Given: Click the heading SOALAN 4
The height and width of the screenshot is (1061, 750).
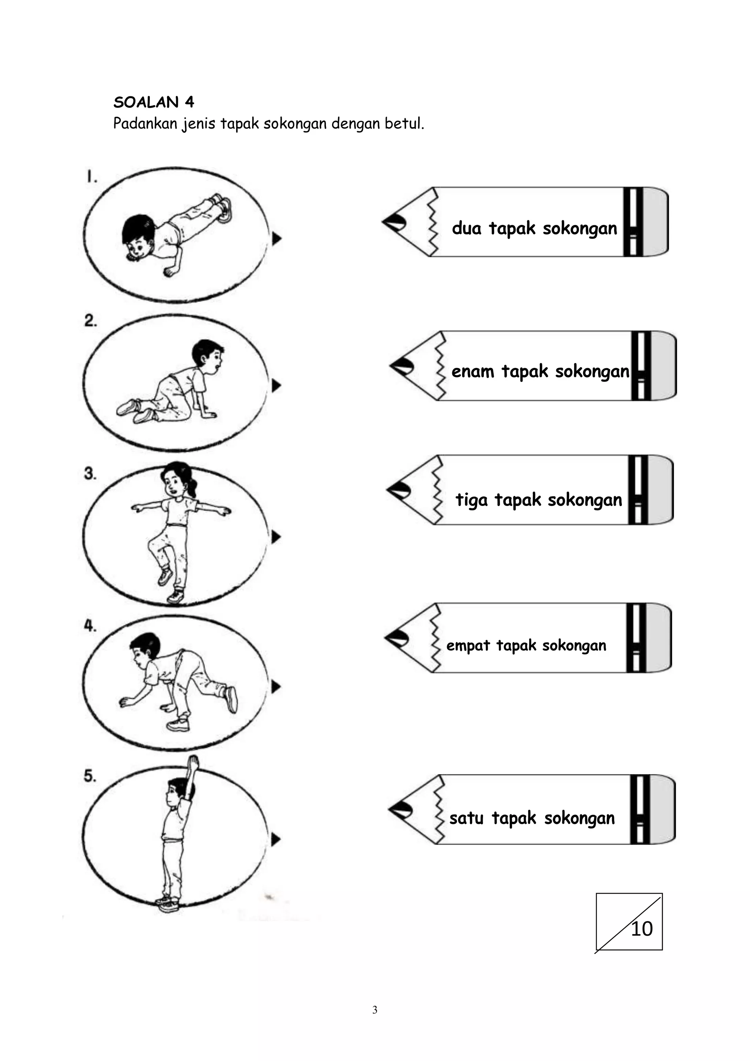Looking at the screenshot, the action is click(154, 102).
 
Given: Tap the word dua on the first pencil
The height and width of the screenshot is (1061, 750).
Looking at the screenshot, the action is click(467, 228).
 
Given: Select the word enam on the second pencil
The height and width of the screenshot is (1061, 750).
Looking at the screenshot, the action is click(472, 371).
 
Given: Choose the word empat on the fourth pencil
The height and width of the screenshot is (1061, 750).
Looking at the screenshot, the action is click(467, 646).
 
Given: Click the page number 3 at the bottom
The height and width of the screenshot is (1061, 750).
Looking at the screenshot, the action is click(375, 1010).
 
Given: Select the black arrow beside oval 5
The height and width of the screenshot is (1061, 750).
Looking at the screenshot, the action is click(276, 839).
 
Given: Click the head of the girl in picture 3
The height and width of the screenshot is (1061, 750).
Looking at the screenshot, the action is click(176, 479).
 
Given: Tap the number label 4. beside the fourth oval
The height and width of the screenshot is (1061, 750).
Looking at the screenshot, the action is click(90, 626).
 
